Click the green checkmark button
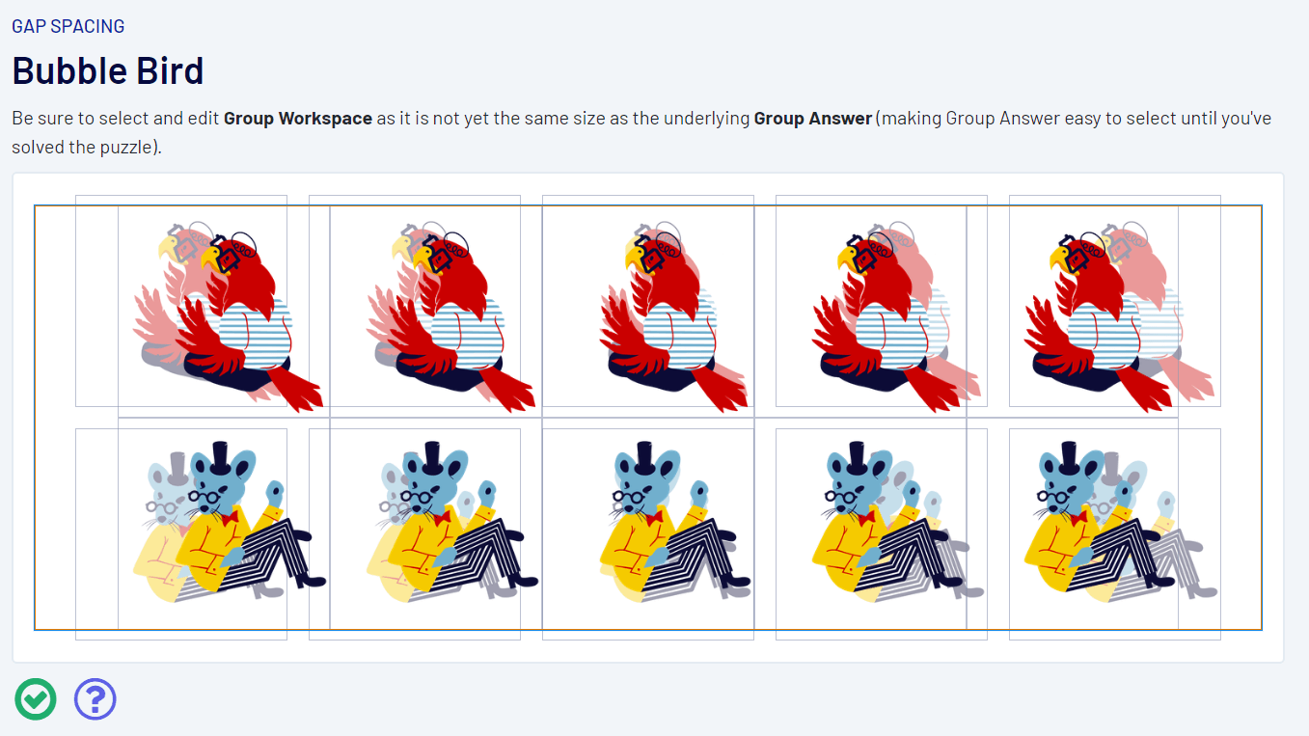[36, 699]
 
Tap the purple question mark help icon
[95, 699]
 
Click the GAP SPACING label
[68, 26]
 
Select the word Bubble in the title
[68, 70]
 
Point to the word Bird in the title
[170, 70]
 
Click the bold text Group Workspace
[298, 119]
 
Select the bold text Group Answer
[813, 119]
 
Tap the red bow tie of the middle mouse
[654, 517]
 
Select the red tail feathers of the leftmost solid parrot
[295, 388]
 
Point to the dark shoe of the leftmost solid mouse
[311, 581]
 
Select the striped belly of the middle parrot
[678, 333]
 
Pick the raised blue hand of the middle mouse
[699, 495]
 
